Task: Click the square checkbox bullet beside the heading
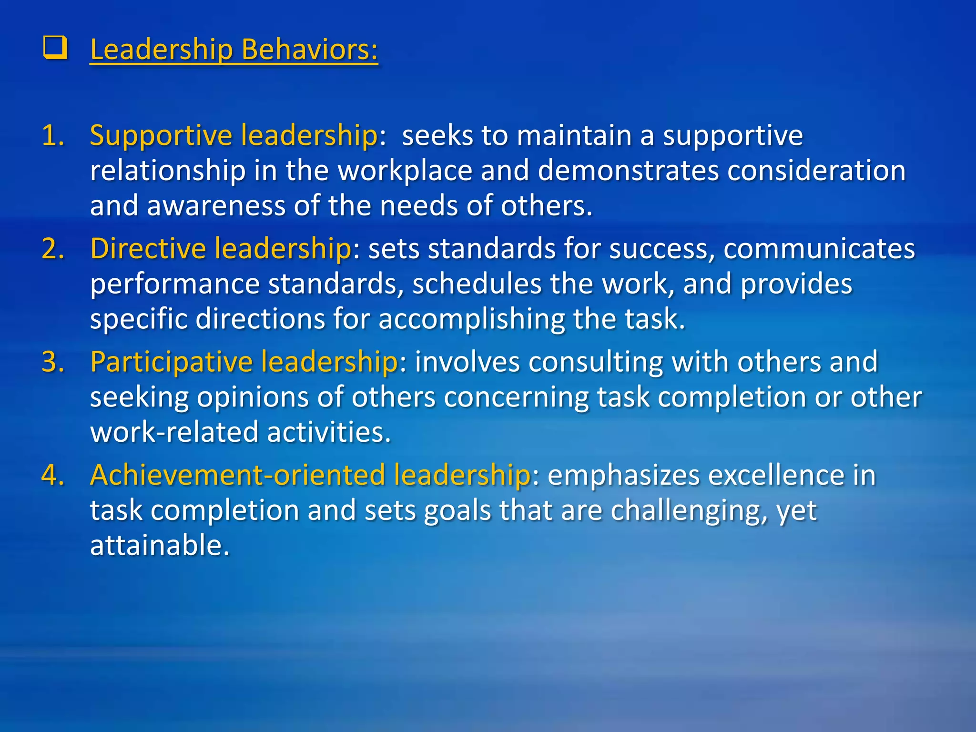tap(55, 49)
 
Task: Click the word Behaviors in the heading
tap(310, 50)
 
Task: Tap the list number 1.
tap(52, 135)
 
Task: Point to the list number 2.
tap(52, 249)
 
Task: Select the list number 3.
tap(52, 362)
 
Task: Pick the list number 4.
tap(52, 475)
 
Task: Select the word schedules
tap(477, 285)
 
